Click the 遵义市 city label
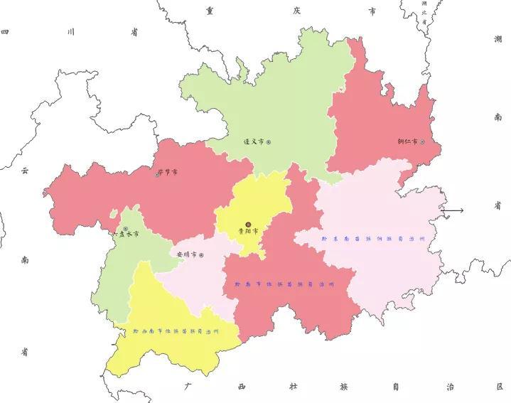[254, 142]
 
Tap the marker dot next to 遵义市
[269, 142]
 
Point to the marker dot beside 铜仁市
[423, 141]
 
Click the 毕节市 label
[168, 172]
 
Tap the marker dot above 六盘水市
[126, 227]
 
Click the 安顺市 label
[187, 254]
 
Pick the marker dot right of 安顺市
[202, 254]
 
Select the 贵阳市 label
[248, 230]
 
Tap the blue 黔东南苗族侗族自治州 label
[372, 239]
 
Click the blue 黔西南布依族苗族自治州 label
[176, 331]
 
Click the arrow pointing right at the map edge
[453, 210]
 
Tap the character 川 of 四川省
[70, 32]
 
